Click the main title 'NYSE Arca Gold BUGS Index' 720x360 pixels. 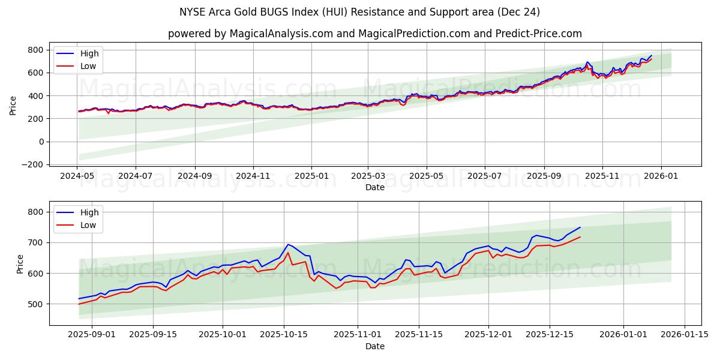coord(359,12)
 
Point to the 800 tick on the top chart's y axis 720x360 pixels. coord(35,50)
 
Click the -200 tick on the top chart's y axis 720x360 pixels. coord(32,164)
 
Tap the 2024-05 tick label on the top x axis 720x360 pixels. coord(77,176)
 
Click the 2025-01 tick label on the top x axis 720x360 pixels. coord(311,176)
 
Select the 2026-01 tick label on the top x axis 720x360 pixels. coord(661,176)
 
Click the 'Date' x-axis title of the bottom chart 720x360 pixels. coord(375,346)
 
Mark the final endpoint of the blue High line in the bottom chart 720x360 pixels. coord(580,227)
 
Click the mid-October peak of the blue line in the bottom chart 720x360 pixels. coord(288,244)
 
